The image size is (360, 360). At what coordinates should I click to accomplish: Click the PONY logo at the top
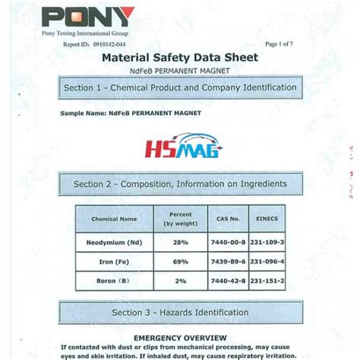coord(90,17)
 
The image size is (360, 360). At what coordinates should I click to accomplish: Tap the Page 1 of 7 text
coord(280,46)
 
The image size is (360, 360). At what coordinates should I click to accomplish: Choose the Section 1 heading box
coord(180,88)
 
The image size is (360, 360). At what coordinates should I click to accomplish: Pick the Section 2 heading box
coord(180,184)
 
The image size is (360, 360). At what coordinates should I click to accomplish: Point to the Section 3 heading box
coord(180,312)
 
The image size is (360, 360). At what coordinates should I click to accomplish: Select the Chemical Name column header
coord(115,219)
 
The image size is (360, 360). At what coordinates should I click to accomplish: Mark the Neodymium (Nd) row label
coord(115,242)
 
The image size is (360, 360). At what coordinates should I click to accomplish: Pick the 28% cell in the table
coord(180,242)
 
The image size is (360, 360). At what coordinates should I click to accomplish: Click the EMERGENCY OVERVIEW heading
coord(180,336)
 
